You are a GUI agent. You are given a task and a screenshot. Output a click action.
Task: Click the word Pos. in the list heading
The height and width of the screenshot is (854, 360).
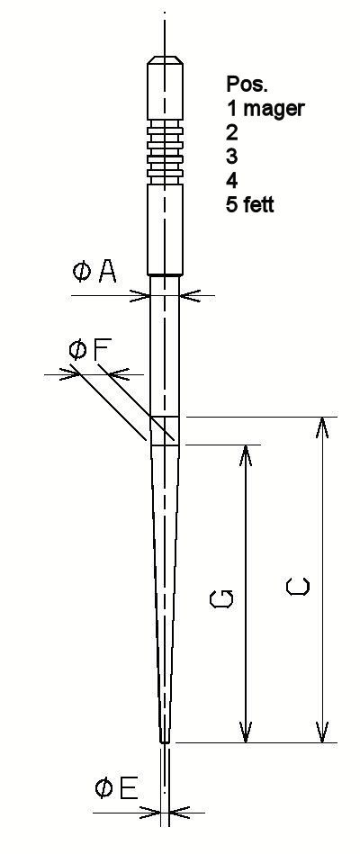pyautogui.click(x=240, y=84)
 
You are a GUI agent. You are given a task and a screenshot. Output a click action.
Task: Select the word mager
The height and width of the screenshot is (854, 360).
pyautogui.click(x=274, y=109)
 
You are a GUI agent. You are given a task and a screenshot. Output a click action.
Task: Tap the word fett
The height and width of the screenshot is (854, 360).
pyautogui.click(x=258, y=204)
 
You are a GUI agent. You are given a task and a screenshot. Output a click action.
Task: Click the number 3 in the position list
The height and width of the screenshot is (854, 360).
pyautogui.click(x=232, y=157)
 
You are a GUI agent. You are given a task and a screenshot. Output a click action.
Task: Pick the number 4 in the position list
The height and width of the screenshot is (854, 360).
pyautogui.click(x=232, y=180)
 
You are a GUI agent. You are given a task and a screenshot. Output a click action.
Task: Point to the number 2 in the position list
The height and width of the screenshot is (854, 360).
pyautogui.click(x=232, y=132)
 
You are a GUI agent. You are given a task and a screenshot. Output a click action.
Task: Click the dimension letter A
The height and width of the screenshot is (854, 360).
pyautogui.click(x=107, y=273)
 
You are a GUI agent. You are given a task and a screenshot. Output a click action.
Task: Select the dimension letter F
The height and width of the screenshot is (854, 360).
pyautogui.click(x=103, y=349)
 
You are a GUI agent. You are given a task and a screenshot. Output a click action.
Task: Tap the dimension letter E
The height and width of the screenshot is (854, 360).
pyautogui.click(x=128, y=788)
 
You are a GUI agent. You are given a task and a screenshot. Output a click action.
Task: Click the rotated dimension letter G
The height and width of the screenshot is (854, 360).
pyautogui.click(x=222, y=598)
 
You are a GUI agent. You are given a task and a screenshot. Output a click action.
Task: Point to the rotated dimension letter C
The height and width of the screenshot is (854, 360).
pyautogui.click(x=298, y=586)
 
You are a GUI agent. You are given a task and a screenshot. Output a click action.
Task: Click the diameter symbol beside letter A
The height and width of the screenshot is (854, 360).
pyautogui.click(x=82, y=273)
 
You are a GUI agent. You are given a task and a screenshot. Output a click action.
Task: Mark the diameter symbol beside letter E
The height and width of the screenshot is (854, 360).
pyautogui.click(x=104, y=788)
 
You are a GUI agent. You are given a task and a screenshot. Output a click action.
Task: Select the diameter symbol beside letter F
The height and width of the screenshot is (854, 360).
pyautogui.click(x=78, y=349)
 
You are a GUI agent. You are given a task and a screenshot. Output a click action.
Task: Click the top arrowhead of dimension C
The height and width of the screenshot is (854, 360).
pyautogui.click(x=322, y=427)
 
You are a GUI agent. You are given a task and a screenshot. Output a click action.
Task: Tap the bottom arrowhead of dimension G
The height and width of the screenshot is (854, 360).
pyautogui.click(x=247, y=732)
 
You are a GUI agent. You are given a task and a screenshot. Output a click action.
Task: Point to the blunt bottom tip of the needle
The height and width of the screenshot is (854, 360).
pyautogui.click(x=165, y=742)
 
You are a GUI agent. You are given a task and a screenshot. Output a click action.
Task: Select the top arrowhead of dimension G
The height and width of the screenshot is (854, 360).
pyautogui.click(x=247, y=455)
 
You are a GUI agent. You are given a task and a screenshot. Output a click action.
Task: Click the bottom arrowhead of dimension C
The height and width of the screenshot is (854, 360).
pyautogui.click(x=322, y=732)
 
